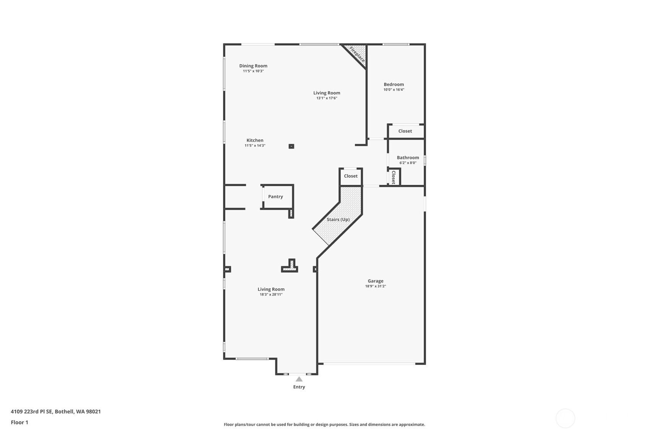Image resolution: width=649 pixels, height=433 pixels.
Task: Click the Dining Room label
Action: (253, 66)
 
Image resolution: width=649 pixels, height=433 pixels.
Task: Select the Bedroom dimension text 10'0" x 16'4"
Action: (394, 90)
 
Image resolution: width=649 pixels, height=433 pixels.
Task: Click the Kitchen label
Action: (255, 140)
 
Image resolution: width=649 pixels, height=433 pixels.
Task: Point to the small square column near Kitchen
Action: (291, 146)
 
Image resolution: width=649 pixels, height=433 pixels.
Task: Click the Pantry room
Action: (275, 196)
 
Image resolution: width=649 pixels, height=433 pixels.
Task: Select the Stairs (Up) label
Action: (338, 219)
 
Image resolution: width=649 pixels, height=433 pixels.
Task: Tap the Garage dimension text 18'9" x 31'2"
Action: (375, 286)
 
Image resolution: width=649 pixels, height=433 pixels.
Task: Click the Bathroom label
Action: (408, 157)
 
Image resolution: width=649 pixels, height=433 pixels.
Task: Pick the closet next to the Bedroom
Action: (405, 131)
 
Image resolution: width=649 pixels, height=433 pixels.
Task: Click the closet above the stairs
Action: (350, 176)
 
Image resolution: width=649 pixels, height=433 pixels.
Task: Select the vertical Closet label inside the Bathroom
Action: (394, 177)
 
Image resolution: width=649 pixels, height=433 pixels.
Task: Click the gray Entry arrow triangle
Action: (299, 379)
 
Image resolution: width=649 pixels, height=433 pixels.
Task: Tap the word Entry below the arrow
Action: (299, 387)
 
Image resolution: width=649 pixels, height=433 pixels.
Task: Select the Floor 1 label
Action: (20, 422)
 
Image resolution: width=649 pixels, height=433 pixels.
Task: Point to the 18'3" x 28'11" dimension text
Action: (271, 295)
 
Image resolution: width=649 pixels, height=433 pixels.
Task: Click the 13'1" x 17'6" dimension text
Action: (327, 98)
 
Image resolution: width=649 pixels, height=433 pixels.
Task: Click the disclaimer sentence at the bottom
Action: (324, 424)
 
